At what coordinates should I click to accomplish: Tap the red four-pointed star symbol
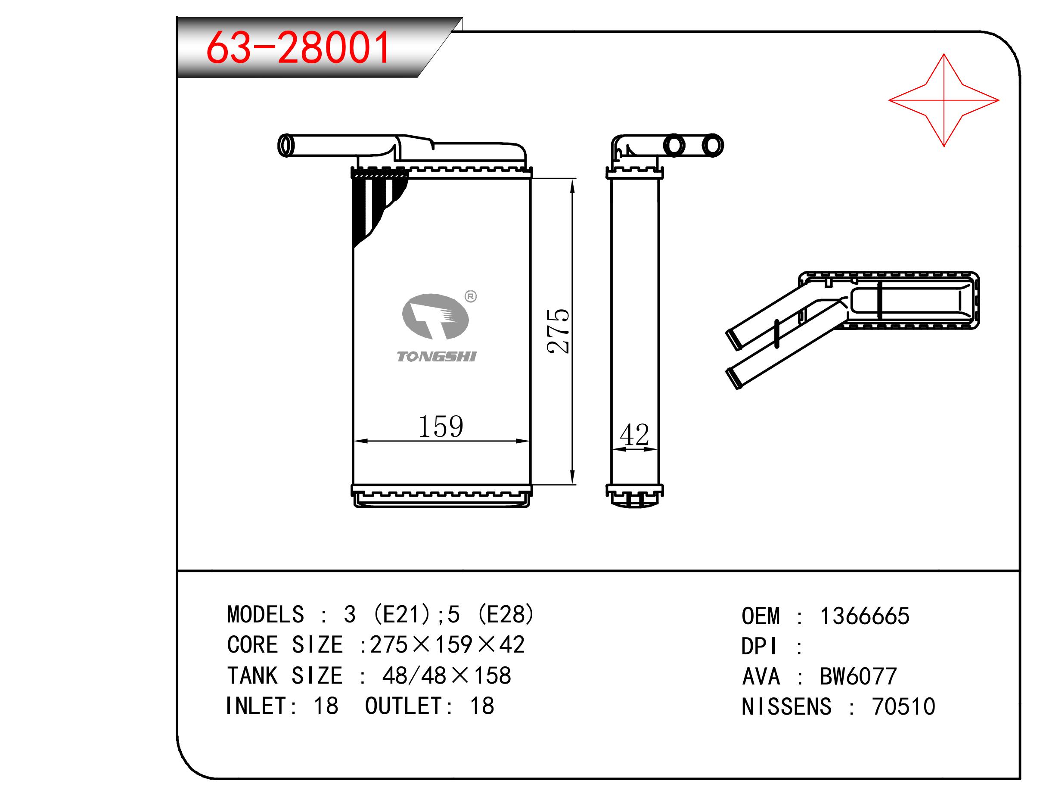(944, 100)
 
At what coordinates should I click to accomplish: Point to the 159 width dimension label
(441, 426)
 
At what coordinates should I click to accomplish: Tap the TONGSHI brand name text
(437, 357)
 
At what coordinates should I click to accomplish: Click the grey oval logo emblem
(435, 317)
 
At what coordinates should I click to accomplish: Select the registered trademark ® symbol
(471, 296)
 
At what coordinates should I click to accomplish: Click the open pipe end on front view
(285, 145)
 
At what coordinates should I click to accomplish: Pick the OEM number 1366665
(865, 616)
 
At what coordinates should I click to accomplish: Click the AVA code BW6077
(858, 676)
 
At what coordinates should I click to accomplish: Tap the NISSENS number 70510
(903, 706)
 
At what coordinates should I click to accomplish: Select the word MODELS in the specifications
(265, 615)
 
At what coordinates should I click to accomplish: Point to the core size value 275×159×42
(447, 645)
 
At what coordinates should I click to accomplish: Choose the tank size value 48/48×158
(447, 675)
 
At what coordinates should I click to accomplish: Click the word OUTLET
(404, 706)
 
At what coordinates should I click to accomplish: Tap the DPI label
(759, 646)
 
